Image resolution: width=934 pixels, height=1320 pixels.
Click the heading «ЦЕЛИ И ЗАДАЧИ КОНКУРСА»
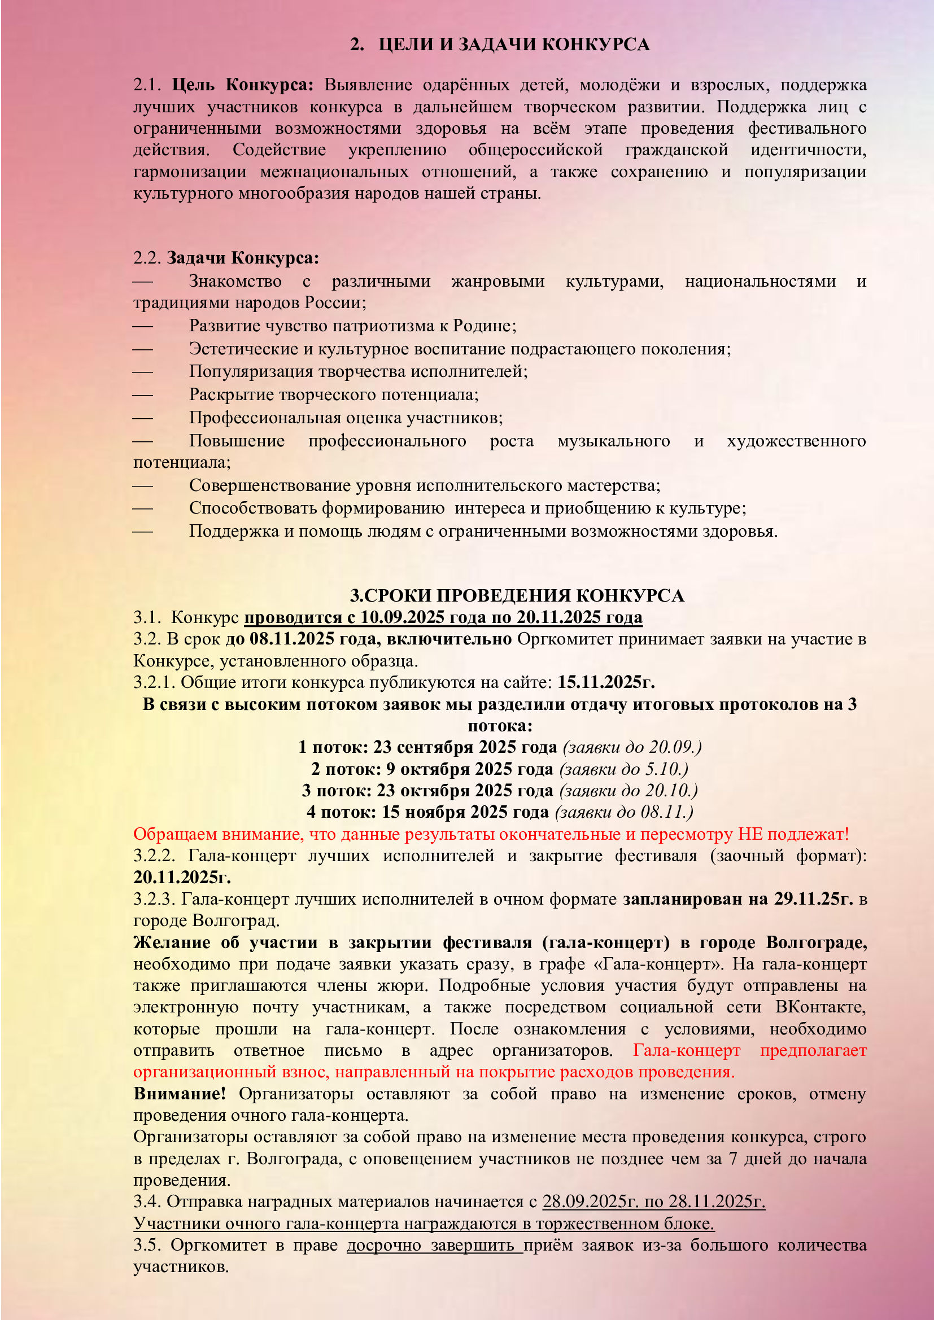coord(513,44)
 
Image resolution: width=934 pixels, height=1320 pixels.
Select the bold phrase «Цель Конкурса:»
coord(243,85)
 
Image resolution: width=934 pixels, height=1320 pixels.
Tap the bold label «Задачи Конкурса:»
coord(243,257)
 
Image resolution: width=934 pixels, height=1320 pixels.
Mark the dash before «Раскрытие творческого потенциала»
coord(143,395)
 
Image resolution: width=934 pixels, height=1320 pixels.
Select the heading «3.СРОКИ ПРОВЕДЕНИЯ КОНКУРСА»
coord(517,595)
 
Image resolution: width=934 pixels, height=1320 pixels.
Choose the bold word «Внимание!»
coord(180,1093)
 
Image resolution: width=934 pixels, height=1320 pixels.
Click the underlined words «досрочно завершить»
coord(434,1245)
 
